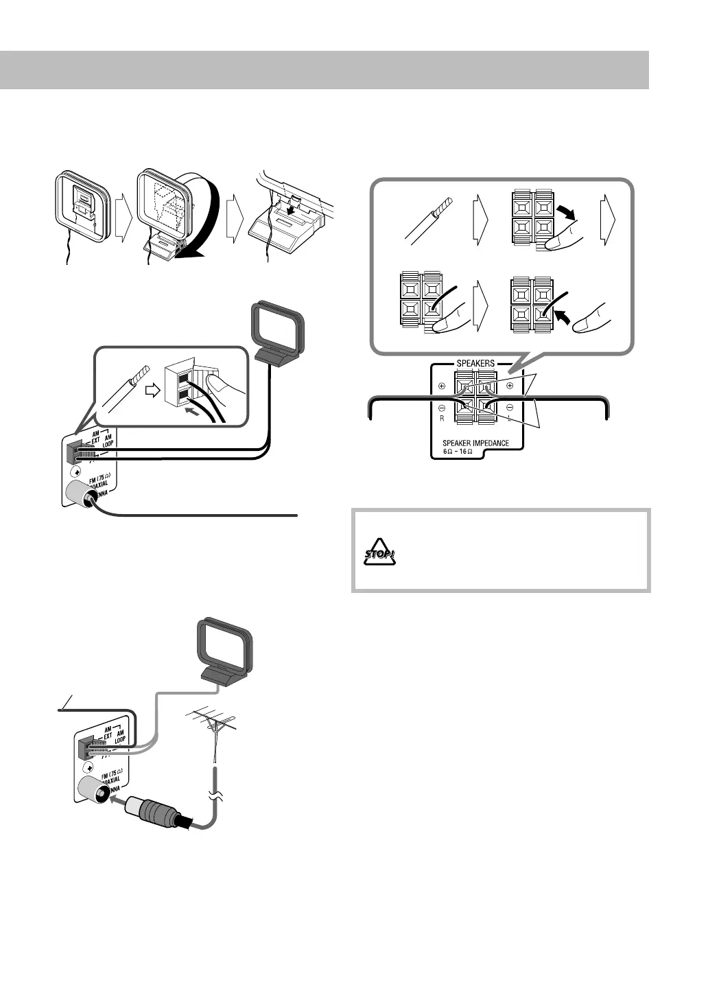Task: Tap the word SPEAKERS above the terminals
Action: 475,363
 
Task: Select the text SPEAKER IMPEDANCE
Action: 475,443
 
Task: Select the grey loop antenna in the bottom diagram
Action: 226,649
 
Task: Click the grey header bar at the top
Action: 324,69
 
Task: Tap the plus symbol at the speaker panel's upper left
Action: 442,386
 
